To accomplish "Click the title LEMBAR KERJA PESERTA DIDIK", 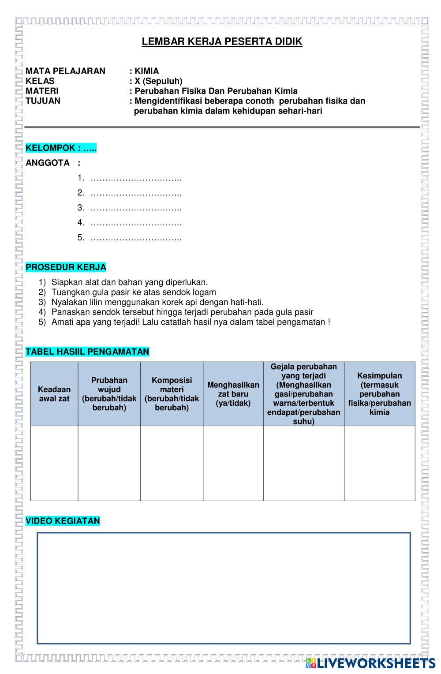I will [222, 42].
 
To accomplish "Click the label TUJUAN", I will [43, 101].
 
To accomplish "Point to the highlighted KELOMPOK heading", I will [61, 148].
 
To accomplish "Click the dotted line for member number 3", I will [136, 208].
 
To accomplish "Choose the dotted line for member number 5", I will [136, 238].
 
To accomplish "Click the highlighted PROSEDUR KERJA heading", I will [66, 267].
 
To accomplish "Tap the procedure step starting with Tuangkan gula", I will [134, 292].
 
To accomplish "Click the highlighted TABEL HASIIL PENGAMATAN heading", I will [87, 352].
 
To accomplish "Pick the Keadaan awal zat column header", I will [54, 394].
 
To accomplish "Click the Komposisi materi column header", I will [172, 394].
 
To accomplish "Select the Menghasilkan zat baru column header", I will [233, 394].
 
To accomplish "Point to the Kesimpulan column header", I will [379, 394].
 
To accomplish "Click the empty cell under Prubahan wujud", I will [109, 463].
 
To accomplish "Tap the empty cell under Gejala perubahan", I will [303, 463].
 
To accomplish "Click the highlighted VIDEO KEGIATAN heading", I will [63, 521].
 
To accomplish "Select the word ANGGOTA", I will [48, 163].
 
